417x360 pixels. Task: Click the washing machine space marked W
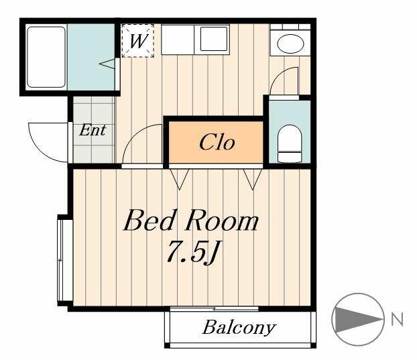point(137,41)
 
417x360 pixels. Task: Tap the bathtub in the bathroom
point(46,57)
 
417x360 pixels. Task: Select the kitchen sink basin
point(214,39)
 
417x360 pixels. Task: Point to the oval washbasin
point(290,44)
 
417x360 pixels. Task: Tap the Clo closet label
point(217,142)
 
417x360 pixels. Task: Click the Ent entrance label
point(93,130)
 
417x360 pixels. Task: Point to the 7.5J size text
point(192,251)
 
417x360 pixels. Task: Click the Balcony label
point(239,328)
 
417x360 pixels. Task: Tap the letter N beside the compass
point(398,319)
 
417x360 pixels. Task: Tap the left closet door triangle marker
point(180,179)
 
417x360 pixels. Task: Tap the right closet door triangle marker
point(253,179)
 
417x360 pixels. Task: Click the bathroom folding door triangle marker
point(107,64)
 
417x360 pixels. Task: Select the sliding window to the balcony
point(215,308)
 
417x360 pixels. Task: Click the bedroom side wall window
point(61,260)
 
